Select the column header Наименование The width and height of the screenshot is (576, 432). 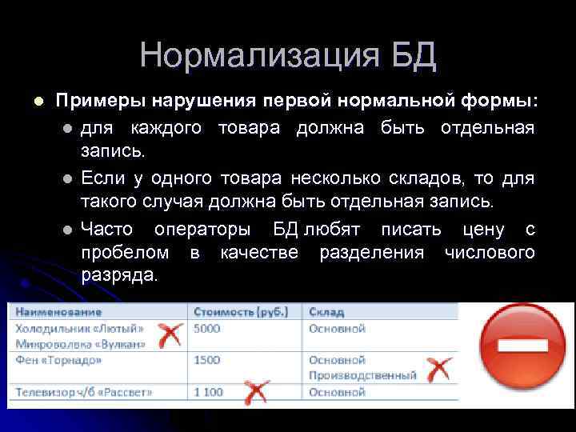coord(58,311)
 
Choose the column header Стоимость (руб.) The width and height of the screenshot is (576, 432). coord(243,311)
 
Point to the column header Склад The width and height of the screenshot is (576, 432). coord(328,311)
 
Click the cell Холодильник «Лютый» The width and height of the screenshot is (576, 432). coord(80,328)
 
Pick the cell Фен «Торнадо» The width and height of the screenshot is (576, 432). coord(58,361)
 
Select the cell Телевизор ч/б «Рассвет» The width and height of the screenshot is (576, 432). coord(83,393)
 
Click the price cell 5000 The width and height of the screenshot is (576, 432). coord(206,328)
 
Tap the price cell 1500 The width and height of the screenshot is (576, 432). coord(206,361)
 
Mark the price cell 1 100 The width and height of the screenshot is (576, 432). coord(209,393)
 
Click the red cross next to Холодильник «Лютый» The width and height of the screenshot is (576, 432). coord(168,334)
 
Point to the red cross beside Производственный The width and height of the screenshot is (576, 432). coord(438,370)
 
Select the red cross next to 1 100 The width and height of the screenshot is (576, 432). coord(254,392)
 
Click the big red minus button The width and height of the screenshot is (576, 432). coord(522,346)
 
